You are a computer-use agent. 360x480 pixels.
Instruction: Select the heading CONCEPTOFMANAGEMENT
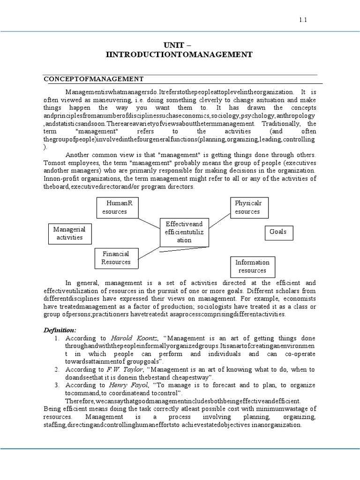pyautogui.click(x=93, y=78)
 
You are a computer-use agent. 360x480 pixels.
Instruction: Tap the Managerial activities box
pyautogui.click(x=69, y=233)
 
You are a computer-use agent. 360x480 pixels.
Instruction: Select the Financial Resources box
pyautogui.click(x=116, y=258)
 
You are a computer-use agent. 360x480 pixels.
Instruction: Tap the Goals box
pyautogui.click(x=278, y=232)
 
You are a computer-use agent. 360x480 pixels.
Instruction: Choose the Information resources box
pyautogui.click(x=252, y=266)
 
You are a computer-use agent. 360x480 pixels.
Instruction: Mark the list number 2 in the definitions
pyautogui.click(x=56, y=370)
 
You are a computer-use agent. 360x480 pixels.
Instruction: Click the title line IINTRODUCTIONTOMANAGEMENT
pyautogui.click(x=180, y=55)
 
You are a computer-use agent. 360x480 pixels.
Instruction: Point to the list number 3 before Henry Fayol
pyautogui.click(x=56, y=385)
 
